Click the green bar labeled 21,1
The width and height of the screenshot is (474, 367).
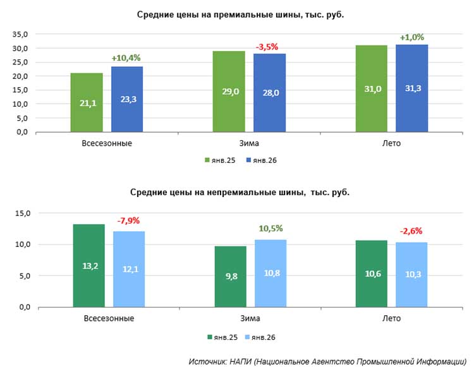87,102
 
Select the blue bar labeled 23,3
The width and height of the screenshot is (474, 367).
127,99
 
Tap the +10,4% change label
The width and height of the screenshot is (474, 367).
126,57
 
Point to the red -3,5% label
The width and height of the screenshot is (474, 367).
267,47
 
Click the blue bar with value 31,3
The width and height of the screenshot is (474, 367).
411,88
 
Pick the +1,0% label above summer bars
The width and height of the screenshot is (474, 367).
411,37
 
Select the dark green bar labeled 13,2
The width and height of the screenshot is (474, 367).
89,265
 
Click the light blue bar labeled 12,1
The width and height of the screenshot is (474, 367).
129,269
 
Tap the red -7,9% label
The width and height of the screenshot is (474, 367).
128,221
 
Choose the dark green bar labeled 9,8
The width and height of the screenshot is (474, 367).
231,277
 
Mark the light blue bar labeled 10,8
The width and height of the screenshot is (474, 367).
270,274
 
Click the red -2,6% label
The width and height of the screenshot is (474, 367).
411,231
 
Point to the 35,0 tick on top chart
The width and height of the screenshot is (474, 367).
20,35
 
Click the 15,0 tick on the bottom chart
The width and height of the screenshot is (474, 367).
23,214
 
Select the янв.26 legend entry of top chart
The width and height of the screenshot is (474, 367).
262,160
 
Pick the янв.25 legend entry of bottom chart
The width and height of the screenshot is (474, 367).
222,337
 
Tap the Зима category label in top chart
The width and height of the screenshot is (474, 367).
249,143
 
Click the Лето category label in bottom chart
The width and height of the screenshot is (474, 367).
391,318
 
